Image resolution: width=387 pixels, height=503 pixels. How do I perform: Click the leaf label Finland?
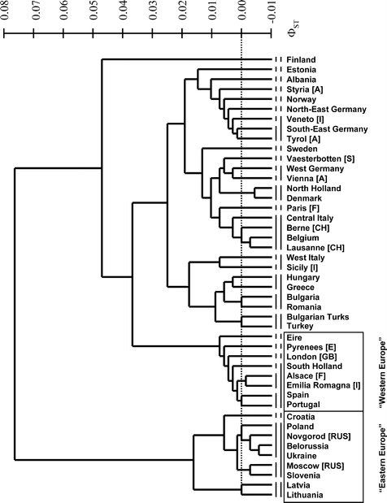(301, 59)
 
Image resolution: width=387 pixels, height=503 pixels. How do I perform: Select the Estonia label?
(301, 70)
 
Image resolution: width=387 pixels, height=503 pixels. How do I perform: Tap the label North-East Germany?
(326, 110)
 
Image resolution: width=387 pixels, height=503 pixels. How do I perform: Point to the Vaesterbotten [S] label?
(320, 158)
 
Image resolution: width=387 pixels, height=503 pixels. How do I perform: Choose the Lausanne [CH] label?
(315, 248)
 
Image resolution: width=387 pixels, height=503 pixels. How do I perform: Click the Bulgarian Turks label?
(318, 317)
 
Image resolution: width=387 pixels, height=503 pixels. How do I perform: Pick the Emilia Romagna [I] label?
(324, 385)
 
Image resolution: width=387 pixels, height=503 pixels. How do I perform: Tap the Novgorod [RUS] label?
(319, 436)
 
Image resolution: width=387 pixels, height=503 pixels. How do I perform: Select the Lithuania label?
(305, 495)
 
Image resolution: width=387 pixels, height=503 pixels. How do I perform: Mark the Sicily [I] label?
(302, 267)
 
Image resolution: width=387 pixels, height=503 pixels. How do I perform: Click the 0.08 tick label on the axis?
(5, 10)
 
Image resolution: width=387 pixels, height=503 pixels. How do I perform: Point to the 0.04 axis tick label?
(124, 10)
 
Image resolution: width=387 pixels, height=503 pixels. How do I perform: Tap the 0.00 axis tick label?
(242, 10)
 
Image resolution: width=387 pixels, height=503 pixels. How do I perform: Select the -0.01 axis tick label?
(272, 12)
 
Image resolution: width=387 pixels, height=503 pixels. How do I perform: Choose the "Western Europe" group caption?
(382, 372)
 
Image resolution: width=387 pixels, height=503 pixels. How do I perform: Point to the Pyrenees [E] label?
(311, 348)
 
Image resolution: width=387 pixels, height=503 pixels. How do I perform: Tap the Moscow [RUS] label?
(315, 466)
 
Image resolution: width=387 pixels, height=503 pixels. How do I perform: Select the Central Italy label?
(310, 218)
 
